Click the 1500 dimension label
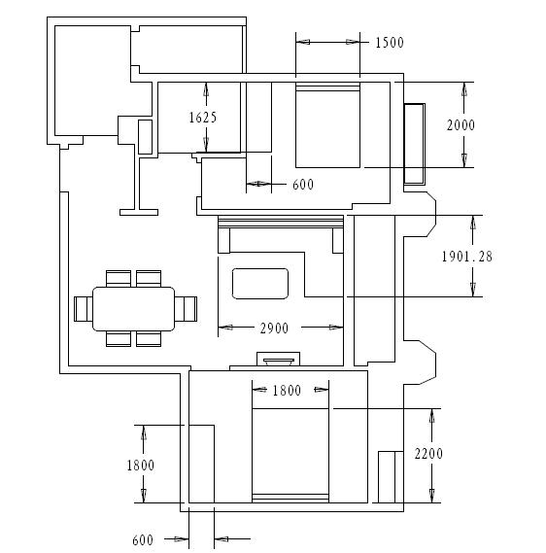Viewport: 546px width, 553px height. click(x=390, y=43)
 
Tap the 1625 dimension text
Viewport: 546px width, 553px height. click(x=203, y=118)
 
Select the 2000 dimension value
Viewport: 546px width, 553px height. click(x=461, y=125)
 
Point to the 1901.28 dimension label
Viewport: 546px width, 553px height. click(x=467, y=257)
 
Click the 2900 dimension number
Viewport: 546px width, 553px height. click(x=274, y=328)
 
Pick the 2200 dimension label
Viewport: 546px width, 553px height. click(x=428, y=454)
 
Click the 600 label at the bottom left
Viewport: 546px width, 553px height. click(x=143, y=540)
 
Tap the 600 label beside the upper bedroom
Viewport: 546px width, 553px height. click(x=303, y=185)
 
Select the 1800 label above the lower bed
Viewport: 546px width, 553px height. click(x=287, y=391)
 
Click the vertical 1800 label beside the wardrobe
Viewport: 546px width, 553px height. click(x=141, y=466)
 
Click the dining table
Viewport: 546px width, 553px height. click(x=134, y=309)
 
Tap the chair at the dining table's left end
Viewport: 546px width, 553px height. click(x=84, y=309)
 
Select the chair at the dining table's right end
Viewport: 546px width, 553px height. click(x=186, y=309)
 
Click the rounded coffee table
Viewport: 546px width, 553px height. click(x=260, y=284)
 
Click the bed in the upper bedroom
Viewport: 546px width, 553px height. click(x=327, y=124)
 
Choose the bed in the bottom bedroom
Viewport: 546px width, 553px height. click(x=290, y=456)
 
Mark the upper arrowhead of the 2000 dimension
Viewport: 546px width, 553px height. click(x=464, y=89)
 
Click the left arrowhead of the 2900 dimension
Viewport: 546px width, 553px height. click(x=225, y=328)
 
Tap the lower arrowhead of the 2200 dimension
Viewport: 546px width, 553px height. click(x=431, y=496)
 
